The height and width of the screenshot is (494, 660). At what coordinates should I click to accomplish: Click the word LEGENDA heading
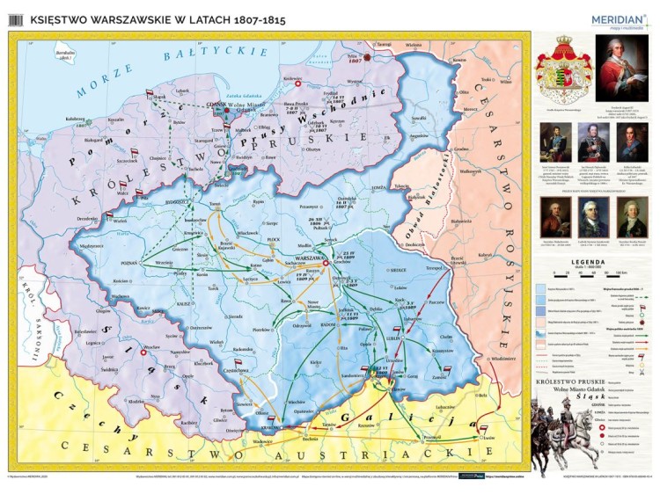585,263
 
